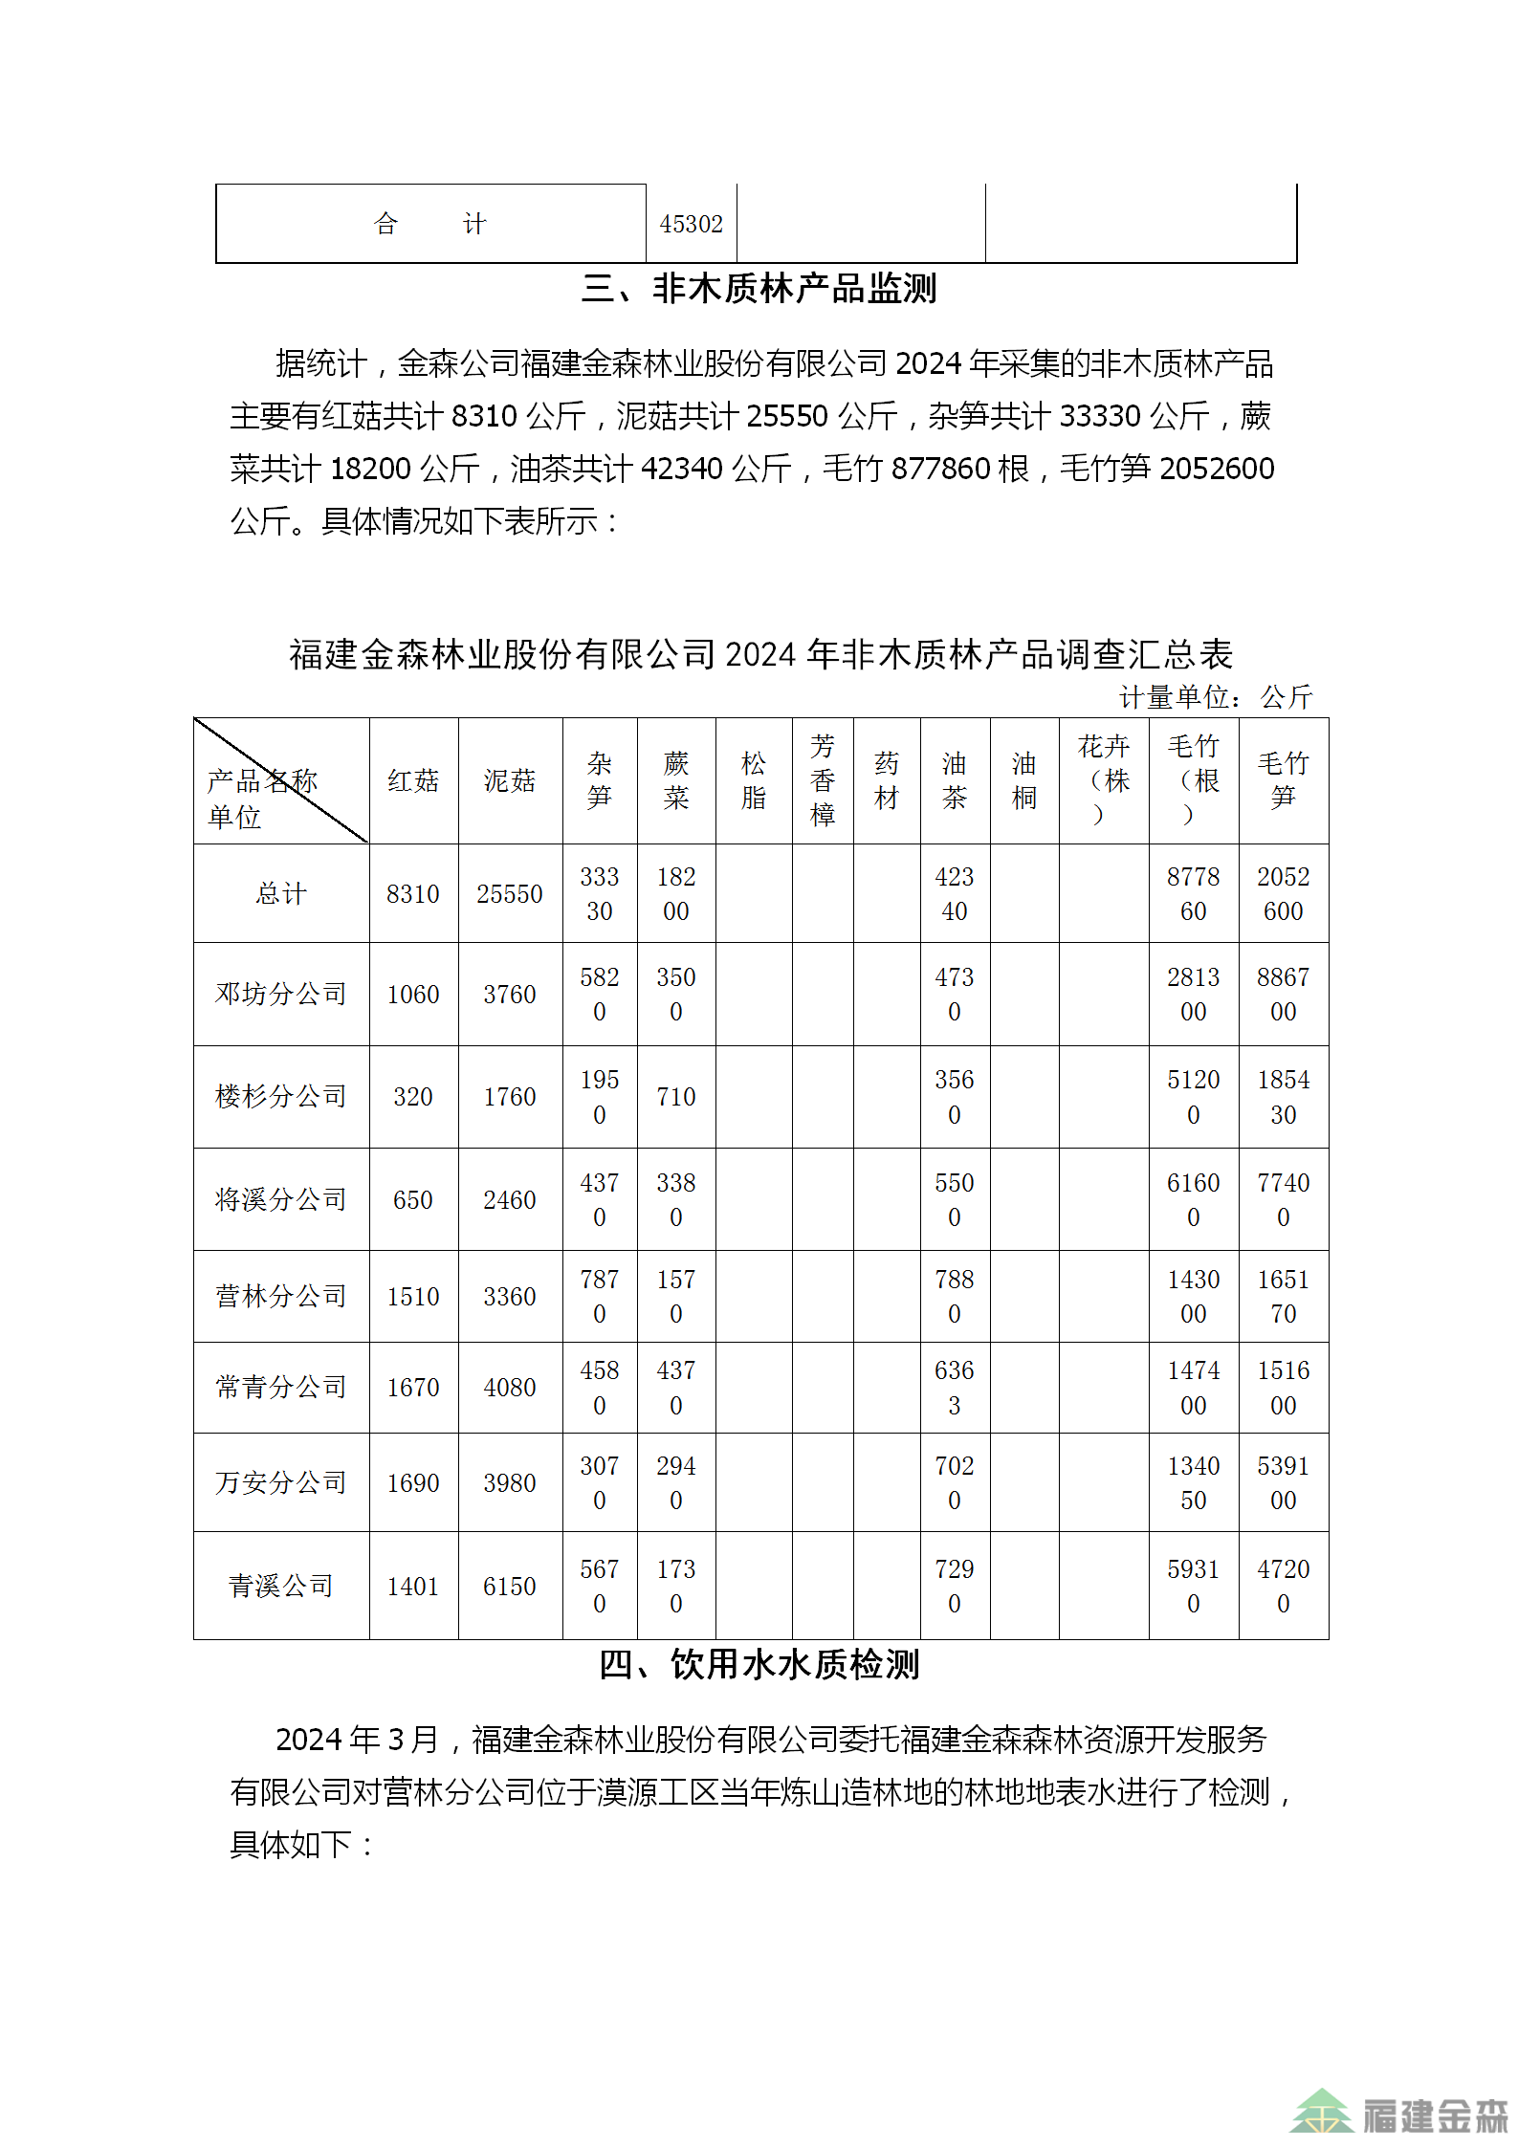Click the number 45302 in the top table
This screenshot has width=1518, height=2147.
click(691, 224)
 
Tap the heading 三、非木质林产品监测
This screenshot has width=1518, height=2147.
click(759, 288)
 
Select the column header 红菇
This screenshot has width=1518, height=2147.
click(413, 780)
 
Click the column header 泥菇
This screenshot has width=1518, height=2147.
click(509, 780)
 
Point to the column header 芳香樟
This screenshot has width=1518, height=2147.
click(822, 780)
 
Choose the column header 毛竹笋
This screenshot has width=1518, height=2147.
click(1283, 780)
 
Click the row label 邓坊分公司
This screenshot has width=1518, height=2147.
click(280, 994)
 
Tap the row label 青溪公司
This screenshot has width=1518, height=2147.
click(280, 1586)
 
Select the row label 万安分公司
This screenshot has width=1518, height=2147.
click(280, 1482)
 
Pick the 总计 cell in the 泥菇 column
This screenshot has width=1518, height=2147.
click(509, 893)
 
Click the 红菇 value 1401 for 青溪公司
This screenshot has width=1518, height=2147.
click(413, 1586)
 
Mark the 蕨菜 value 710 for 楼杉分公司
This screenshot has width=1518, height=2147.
click(675, 1096)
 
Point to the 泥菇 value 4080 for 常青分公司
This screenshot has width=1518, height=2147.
click(509, 1387)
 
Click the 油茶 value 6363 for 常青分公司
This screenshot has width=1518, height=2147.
click(954, 1387)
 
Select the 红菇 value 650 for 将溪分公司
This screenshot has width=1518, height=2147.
click(413, 1199)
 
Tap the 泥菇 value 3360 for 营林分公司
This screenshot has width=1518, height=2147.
click(509, 1296)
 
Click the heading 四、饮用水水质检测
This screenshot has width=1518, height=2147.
click(759, 1665)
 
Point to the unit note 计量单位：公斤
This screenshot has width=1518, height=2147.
click(1215, 697)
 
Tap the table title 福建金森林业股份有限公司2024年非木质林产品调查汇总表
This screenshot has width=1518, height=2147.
click(760, 654)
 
